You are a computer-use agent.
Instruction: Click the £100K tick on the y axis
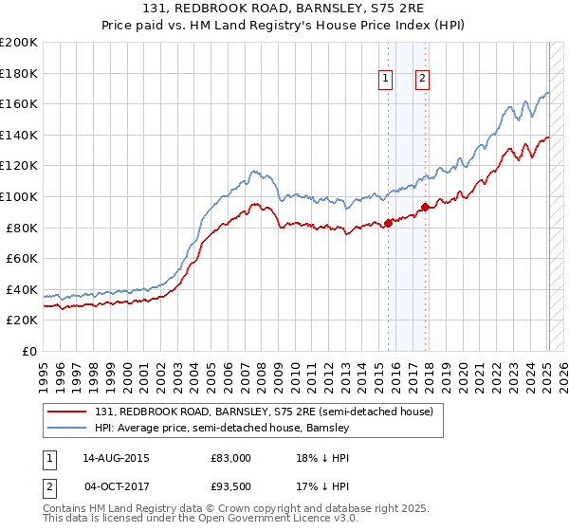point(19,196)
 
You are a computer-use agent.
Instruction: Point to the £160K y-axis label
point(19,103)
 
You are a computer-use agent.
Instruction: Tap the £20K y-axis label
point(21,320)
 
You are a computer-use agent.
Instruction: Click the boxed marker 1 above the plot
point(387,80)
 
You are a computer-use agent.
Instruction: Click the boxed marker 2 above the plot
point(422,80)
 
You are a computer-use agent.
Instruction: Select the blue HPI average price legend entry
point(223,429)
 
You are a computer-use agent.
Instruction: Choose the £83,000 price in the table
point(230,458)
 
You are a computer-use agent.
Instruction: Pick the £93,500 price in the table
point(230,486)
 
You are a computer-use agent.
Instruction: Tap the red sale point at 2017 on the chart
point(425,207)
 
